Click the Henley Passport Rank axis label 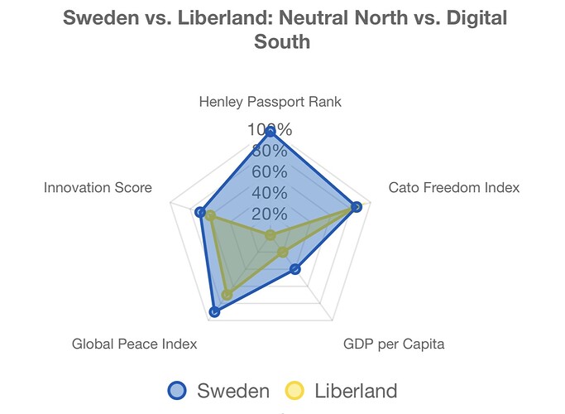pyautogui.click(x=270, y=102)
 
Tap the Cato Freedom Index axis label pyautogui.click(x=454, y=187)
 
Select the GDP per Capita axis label pyautogui.click(x=394, y=344)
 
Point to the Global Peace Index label pyautogui.click(x=134, y=344)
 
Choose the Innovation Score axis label pyautogui.click(x=98, y=187)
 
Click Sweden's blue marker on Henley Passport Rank pyautogui.click(x=270, y=132)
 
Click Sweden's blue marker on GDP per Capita pyautogui.click(x=294, y=269)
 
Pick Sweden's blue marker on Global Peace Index pyautogui.click(x=214, y=312)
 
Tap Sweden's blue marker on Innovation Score pyautogui.click(x=199, y=213)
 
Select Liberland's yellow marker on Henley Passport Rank pyautogui.click(x=270, y=236)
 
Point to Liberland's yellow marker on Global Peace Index pyautogui.click(x=227, y=295)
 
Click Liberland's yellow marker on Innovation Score pyautogui.click(x=210, y=216)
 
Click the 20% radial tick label pyautogui.click(x=270, y=214)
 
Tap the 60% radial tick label pyautogui.click(x=270, y=172)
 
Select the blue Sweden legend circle pyautogui.click(x=179, y=391)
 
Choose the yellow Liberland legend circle pyautogui.click(x=297, y=391)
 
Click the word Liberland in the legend pyautogui.click(x=356, y=391)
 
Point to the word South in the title pyautogui.click(x=283, y=41)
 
